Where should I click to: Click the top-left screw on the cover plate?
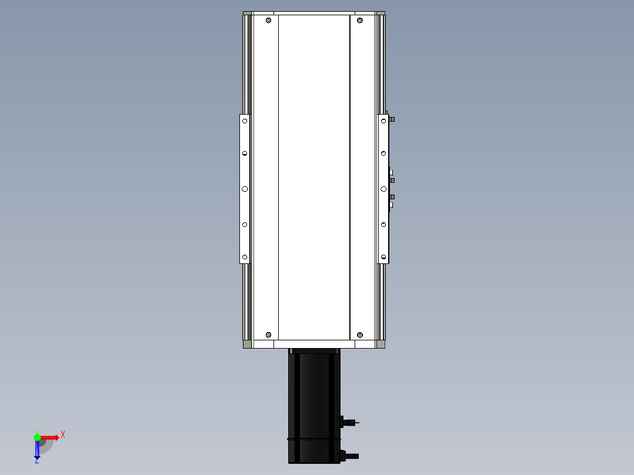[x=268, y=21]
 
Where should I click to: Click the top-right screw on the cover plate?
[x=360, y=21]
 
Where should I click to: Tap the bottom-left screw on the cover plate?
[x=268, y=334]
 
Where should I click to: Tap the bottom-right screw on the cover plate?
[x=360, y=334]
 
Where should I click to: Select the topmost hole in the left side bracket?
[x=245, y=121]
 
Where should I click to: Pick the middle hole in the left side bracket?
[x=245, y=189]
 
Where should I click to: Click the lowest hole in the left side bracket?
[x=245, y=257]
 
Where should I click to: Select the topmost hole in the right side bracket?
[x=383, y=121]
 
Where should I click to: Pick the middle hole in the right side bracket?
[x=383, y=189]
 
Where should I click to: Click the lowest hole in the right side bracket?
[x=383, y=257]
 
